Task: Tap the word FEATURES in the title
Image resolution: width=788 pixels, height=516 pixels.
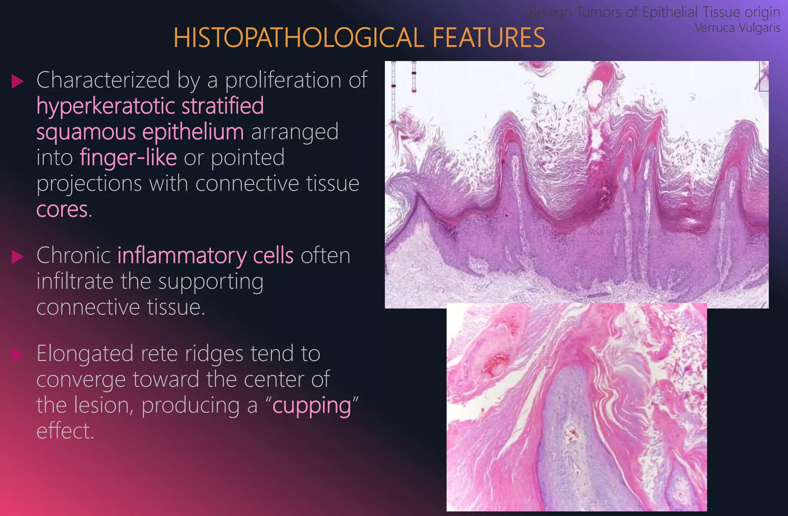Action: (x=488, y=38)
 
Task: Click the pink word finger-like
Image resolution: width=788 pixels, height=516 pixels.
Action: (x=128, y=158)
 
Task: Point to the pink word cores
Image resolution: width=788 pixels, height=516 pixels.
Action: (x=62, y=209)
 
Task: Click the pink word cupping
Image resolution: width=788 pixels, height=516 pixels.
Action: (x=312, y=406)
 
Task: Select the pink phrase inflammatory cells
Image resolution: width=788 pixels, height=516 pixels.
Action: (x=205, y=256)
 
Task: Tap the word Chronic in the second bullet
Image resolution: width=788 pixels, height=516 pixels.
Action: (x=73, y=256)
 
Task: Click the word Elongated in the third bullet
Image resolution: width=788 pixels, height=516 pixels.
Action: (x=85, y=353)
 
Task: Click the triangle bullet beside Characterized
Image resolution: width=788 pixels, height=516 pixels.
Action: (x=18, y=81)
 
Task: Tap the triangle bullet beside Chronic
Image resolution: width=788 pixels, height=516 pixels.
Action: (x=18, y=256)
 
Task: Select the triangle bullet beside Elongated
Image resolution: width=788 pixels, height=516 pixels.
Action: (x=18, y=354)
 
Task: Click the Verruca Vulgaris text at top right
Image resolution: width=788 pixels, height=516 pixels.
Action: (x=737, y=28)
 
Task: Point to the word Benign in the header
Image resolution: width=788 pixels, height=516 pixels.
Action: (x=550, y=12)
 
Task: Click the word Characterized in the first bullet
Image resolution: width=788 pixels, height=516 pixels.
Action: (x=103, y=80)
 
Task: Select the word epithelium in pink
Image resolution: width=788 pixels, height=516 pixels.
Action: (x=193, y=132)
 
